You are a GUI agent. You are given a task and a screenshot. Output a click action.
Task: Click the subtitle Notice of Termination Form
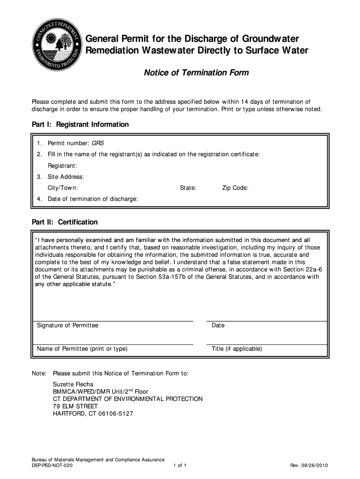(196, 73)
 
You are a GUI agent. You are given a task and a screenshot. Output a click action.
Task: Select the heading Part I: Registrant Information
(80, 125)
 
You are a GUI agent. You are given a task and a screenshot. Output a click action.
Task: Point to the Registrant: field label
(62, 166)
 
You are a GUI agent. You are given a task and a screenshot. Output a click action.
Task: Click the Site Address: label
(65, 177)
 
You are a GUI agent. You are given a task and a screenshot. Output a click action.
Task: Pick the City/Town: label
(63, 188)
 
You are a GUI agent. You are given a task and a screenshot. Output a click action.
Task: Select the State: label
(188, 188)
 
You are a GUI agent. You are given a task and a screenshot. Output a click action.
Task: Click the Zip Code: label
(235, 188)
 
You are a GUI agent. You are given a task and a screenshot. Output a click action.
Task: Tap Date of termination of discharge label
(93, 199)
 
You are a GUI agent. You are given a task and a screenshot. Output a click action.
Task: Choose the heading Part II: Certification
(65, 222)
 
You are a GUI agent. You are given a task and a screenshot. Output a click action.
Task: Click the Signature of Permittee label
(68, 326)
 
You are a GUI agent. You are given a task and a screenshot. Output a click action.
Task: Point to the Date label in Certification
(218, 326)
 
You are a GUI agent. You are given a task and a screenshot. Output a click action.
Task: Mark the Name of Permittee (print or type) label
(82, 349)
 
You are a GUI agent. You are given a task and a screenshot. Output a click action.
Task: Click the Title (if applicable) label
(237, 349)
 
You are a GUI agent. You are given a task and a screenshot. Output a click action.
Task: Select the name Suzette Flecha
(73, 385)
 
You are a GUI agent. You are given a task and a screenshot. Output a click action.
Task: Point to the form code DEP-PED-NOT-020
(49, 466)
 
